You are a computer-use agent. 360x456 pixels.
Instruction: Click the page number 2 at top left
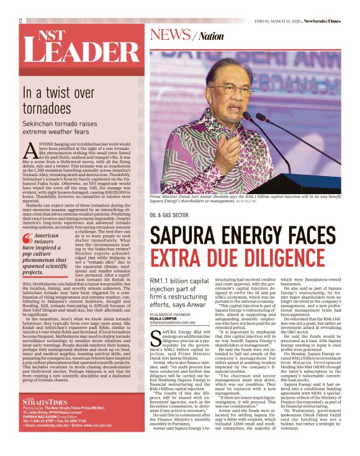pos(20,21)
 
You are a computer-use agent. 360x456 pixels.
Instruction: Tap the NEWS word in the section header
pos(170,34)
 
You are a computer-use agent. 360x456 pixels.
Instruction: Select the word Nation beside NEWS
pos(211,36)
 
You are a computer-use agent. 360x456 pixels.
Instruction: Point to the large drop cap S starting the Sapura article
pos(155,323)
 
